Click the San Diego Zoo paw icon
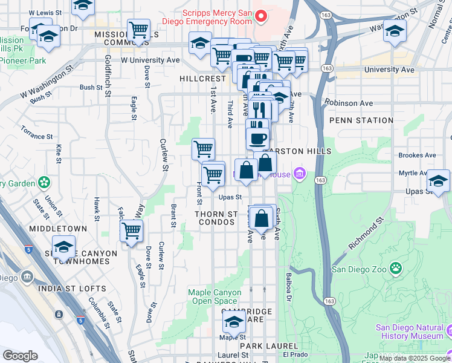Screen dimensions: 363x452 395,267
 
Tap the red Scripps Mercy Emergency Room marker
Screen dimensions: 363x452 260,15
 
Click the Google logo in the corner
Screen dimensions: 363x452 20,356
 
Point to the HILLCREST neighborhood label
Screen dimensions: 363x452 202,79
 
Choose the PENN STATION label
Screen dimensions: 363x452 361,120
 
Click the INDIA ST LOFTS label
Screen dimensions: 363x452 71,289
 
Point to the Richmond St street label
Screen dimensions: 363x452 366,235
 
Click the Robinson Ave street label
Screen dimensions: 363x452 349,103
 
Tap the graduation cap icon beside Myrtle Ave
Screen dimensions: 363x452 438,180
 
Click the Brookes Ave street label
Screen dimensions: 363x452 417,155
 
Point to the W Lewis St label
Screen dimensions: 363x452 40,12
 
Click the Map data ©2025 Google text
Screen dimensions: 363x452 415,358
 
